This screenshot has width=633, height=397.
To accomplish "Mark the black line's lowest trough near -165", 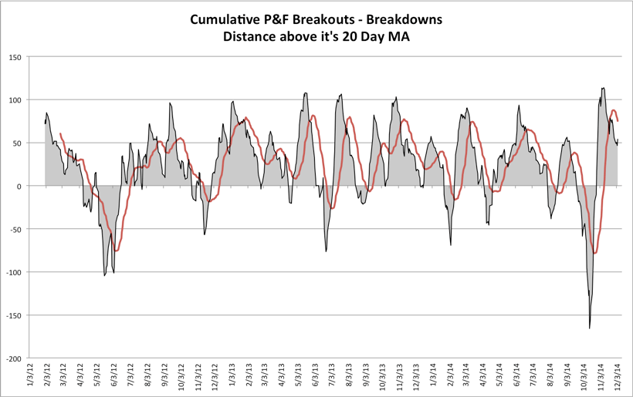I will [590, 328].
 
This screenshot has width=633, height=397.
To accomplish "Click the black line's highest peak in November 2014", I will [602, 88].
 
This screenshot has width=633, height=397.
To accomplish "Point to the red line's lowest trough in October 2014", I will [594, 253].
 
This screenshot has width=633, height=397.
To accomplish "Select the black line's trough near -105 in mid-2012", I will [104, 275].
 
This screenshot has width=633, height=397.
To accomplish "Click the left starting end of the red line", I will [59, 133].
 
